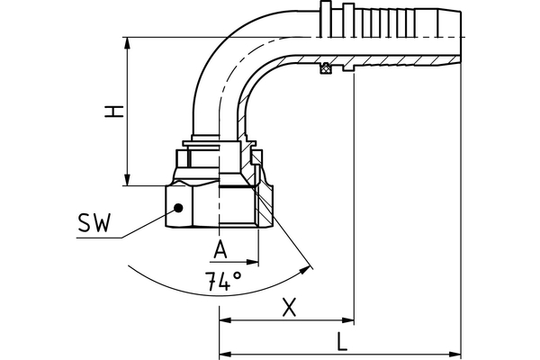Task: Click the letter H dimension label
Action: click(112, 112)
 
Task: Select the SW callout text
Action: click(94, 224)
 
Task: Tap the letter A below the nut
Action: click(220, 247)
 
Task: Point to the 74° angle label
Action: click(222, 281)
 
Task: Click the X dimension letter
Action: click(288, 307)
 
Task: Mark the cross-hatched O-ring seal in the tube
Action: click(327, 68)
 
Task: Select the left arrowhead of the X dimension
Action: click(225, 320)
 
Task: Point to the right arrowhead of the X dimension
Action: click(348, 320)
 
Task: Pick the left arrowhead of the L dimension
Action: click(225, 354)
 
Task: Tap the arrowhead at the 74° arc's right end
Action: click(310, 267)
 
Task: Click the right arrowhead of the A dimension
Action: click(255, 263)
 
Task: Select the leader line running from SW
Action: click(144, 224)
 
